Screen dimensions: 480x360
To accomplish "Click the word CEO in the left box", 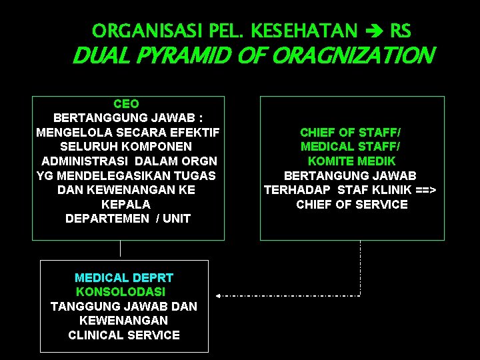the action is pos(127,104).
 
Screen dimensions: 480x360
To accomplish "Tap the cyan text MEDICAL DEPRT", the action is pos(124,277).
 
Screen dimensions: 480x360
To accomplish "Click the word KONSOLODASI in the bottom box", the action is pos(121,292).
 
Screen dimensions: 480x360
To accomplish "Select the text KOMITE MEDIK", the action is pos(351,161).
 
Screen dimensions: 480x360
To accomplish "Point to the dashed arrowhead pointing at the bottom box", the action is pos(218,295).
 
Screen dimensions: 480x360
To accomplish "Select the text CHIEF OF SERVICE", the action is pos(352,205).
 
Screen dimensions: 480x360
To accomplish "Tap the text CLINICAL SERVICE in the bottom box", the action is pos(124,335).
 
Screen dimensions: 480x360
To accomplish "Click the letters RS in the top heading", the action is pos(401,31).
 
